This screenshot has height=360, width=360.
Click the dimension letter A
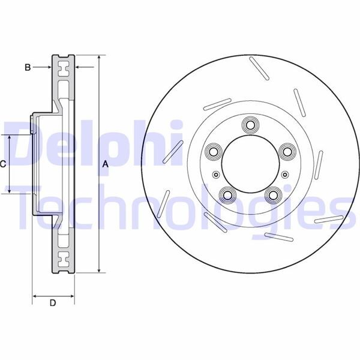106,164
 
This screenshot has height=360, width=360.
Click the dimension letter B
28,67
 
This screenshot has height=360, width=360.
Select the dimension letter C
3,164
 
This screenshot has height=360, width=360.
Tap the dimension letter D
53,303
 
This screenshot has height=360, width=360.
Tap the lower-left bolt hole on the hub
227,194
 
